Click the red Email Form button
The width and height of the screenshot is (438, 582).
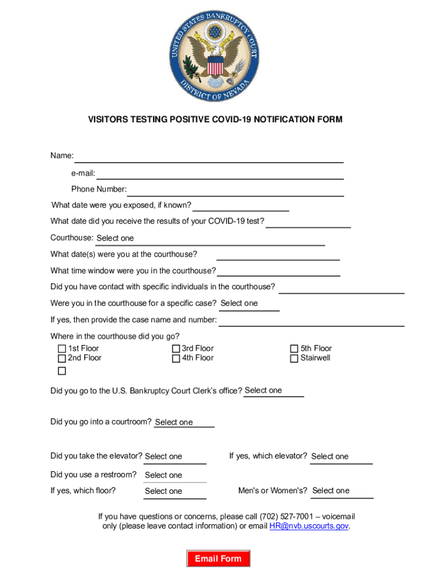[218, 559]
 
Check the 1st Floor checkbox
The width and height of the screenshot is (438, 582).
[62, 349]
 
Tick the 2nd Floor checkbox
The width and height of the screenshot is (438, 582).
[62, 359]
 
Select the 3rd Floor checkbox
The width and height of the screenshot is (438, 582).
[176, 349]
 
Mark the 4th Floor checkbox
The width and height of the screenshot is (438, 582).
[176, 359]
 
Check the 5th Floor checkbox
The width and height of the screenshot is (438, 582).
[294, 349]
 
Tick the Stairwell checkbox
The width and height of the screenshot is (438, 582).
[294, 359]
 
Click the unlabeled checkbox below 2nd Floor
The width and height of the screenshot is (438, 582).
[62, 371]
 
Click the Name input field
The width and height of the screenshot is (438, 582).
[209, 156]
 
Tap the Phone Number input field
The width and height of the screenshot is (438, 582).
[235, 190]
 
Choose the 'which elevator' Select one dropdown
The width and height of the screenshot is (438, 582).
[341, 457]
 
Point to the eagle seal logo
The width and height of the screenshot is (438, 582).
[214, 56]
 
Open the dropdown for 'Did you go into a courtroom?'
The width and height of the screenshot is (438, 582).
[183, 422]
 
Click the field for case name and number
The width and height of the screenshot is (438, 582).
[311, 321]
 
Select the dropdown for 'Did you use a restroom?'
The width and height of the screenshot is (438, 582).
[175, 475]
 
